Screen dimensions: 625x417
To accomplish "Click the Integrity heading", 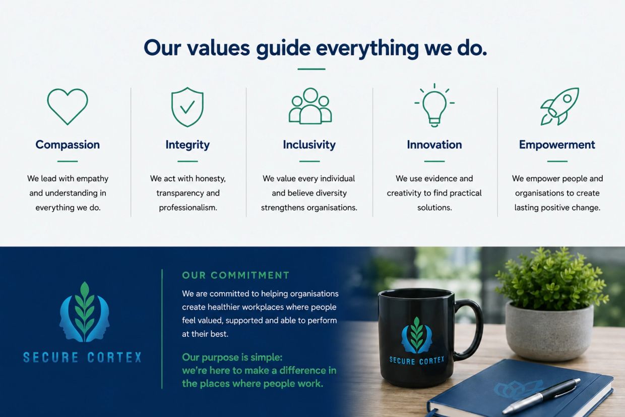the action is [x=187, y=145].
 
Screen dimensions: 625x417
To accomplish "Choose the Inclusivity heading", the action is [x=309, y=145].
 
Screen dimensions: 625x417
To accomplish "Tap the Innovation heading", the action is [x=434, y=145].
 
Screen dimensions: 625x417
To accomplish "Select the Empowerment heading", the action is [x=557, y=145].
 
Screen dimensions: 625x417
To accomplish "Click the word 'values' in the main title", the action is [x=218, y=48].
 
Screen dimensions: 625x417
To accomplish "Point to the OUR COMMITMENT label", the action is [x=236, y=275].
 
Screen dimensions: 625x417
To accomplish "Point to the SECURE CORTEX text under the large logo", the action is [x=82, y=358].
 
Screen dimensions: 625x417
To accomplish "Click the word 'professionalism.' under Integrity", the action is [x=188, y=208].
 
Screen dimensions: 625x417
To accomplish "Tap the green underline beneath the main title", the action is [x=311, y=69].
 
